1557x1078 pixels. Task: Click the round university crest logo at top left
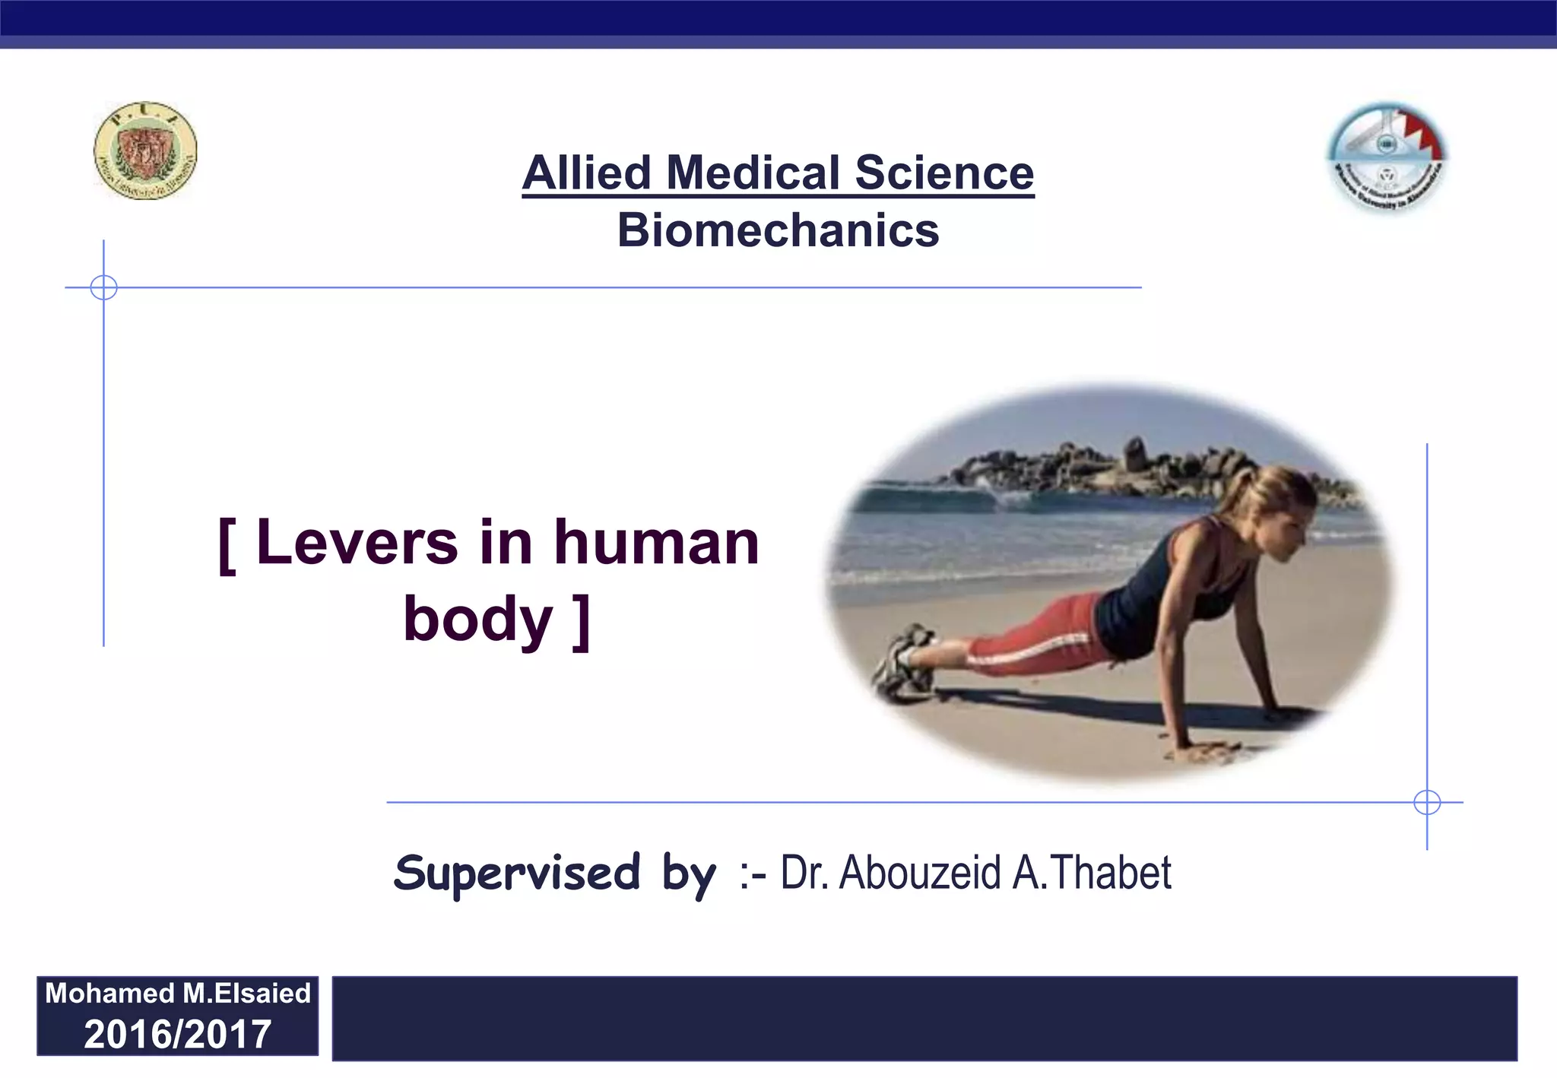pyautogui.click(x=145, y=151)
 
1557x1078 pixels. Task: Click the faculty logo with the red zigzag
pyautogui.click(x=1387, y=157)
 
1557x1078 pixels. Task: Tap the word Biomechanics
pyautogui.click(x=778, y=230)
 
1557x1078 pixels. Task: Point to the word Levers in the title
pyautogui.click(x=357, y=543)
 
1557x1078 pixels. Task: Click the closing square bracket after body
pyautogui.click(x=582, y=622)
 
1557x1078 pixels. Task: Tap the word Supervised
pyautogui.click(x=517, y=873)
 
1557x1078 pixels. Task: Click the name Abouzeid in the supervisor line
pyautogui.click(x=920, y=873)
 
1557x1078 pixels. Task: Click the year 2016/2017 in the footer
pyautogui.click(x=177, y=1034)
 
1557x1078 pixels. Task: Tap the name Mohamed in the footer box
pyautogui.click(x=109, y=993)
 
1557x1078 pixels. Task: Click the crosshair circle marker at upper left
pyautogui.click(x=103, y=287)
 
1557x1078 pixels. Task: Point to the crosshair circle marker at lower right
pyautogui.click(x=1427, y=802)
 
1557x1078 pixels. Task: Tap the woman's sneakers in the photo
pyautogui.click(x=904, y=661)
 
